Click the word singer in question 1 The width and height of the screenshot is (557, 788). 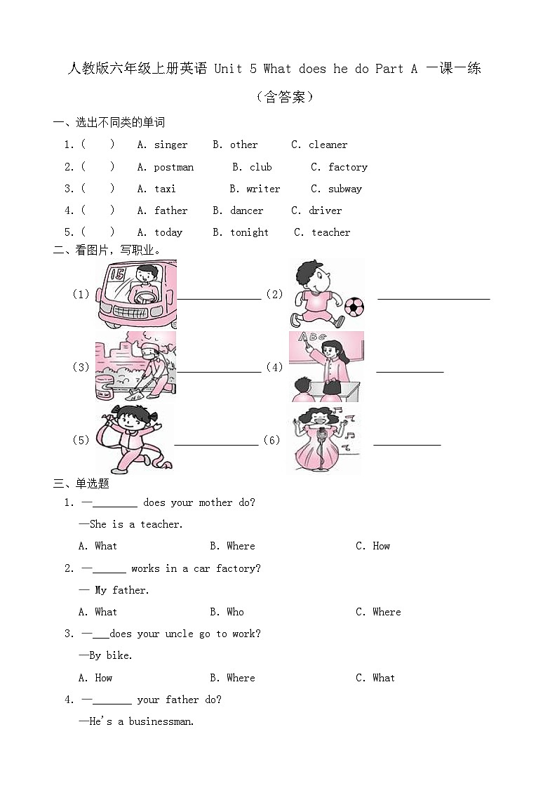[x=171, y=145]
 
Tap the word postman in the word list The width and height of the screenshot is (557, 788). [x=174, y=167]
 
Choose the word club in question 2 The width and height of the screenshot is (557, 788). [x=260, y=167]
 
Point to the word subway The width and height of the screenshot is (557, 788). [x=345, y=189]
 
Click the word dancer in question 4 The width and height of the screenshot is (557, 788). [x=247, y=211]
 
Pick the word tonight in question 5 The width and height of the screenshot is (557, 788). [x=249, y=232]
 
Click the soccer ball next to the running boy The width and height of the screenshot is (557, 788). [x=354, y=306]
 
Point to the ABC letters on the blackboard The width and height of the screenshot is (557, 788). [x=313, y=338]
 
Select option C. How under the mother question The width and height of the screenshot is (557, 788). [x=373, y=546]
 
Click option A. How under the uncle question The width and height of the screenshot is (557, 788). [x=95, y=678]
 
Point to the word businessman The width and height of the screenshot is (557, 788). [x=161, y=721]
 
